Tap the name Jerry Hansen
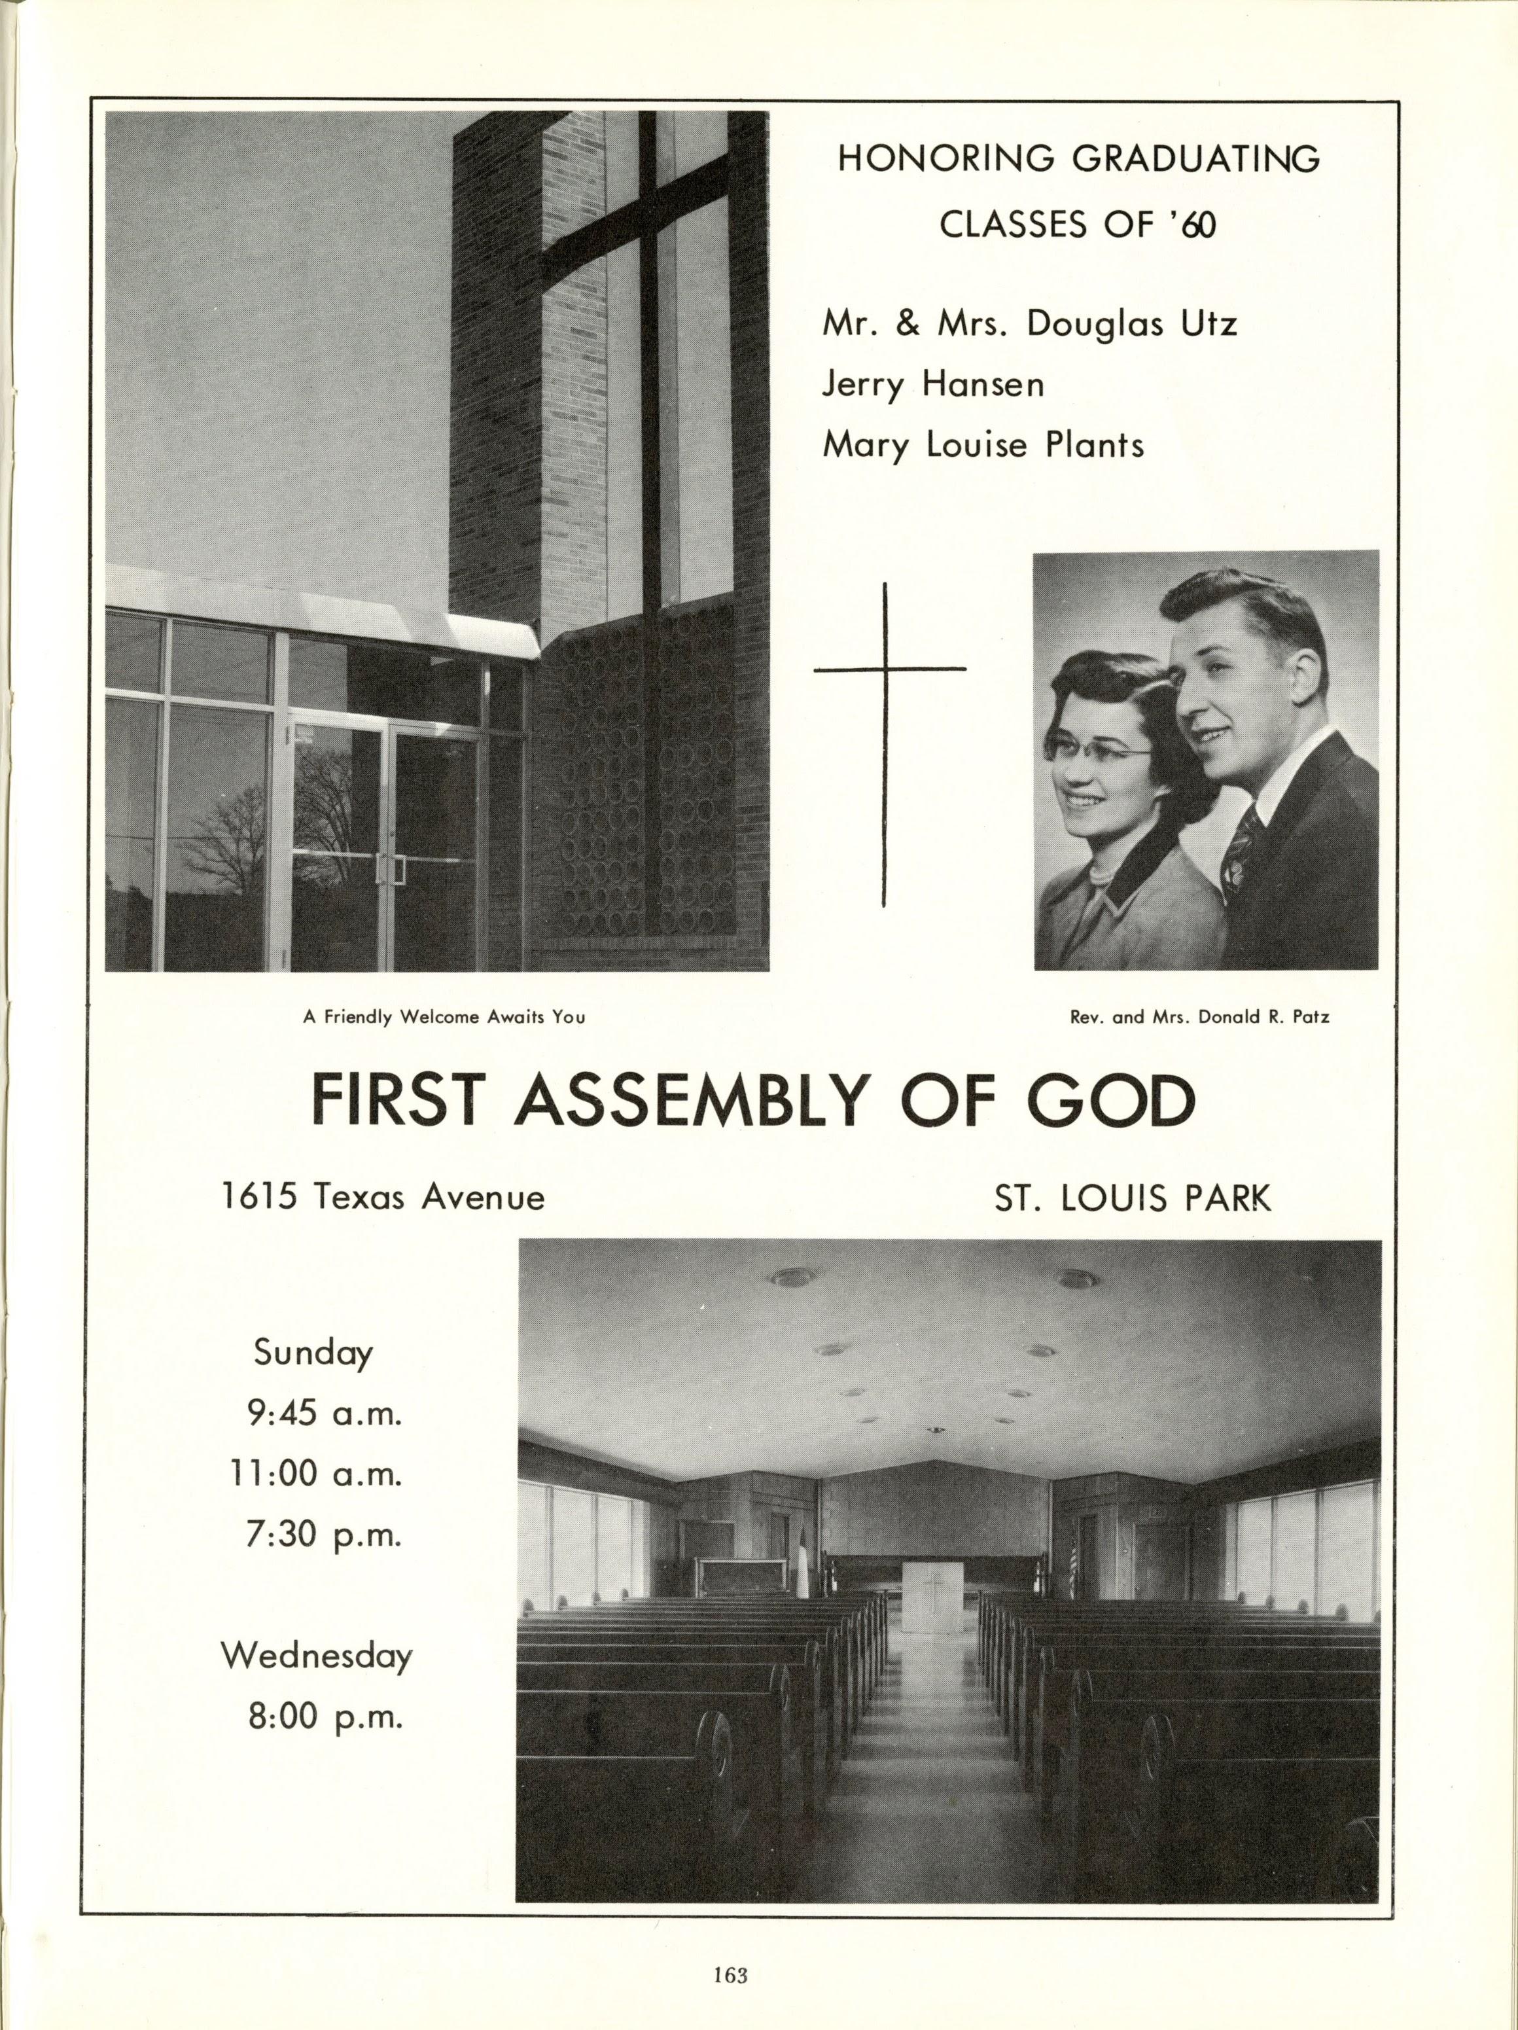point(932,385)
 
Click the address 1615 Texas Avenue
point(383,1197)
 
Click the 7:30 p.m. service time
point(324,1535)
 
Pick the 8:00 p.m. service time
point(326,1716)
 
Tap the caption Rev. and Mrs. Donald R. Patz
point(1199,1017)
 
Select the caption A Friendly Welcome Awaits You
point(444,1017)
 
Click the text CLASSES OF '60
point(1078,225)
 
